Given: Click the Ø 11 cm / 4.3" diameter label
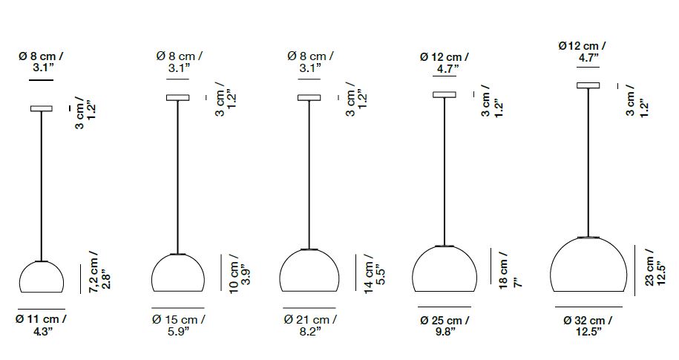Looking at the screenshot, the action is [x=41, y=325].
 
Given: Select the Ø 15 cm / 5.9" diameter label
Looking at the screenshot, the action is [x=178, y=325].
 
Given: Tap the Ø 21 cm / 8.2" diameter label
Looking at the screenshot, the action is [x=310, y=325].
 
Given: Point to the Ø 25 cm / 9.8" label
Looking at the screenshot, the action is [x=445, y=326].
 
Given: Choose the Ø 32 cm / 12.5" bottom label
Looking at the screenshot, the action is [x=588, y=326].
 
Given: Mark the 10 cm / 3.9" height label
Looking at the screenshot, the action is [x=240, y=273].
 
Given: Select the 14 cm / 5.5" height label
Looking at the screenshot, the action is [x=374, y=273].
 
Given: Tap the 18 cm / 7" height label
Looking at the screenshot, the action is [x=510, y=269].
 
